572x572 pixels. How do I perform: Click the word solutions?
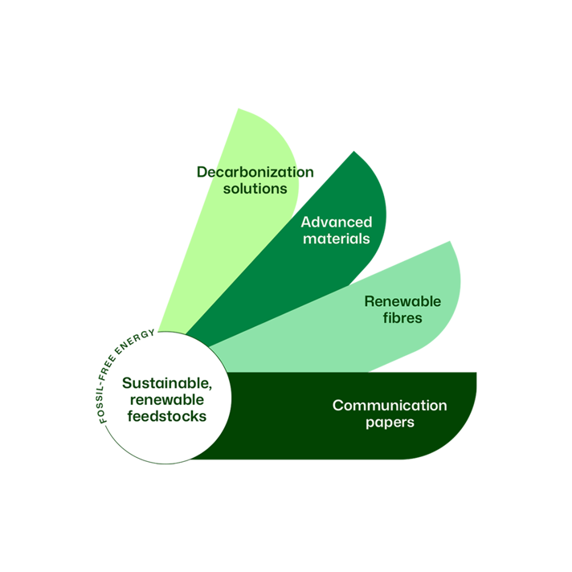pyautogui.click(x=255, y=189)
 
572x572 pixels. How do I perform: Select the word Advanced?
pyautogui.click(x=337, y=223)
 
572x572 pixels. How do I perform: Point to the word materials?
pyautogui.click(x=337, y=239)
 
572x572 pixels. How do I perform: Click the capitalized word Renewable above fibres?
pyautogui.click(x=402, y=302)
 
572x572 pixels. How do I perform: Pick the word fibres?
pyautogui.click(x=402, y=318)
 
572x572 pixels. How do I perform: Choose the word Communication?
pyautogui.click(x=390, y=406)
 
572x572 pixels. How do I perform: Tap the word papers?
pyautogui.click(x=390, y=422)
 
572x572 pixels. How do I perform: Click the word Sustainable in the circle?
pyautogui.click(x=167, y=383)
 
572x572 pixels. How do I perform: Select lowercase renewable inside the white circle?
pyautogui.click(x=167, y=399)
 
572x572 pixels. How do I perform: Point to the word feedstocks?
pyautogui.click(x=167, y=416)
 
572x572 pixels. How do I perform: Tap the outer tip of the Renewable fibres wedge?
pyautogui.click(x=451, y=241)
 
